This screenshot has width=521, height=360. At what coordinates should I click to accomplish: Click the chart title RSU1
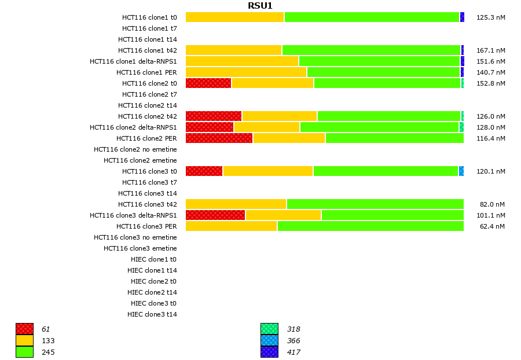260,6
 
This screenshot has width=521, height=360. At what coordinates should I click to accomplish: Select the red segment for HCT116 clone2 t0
208,83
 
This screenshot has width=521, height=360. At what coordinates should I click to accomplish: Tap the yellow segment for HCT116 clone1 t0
234,17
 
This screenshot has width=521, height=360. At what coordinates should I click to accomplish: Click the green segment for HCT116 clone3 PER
370,226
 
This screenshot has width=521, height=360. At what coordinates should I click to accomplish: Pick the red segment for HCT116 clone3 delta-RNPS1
215,215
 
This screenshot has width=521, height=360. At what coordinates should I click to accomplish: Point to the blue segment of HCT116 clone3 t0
461,171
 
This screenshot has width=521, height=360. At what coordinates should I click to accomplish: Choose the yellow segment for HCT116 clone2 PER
289,138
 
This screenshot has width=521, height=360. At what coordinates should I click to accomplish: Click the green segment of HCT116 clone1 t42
371,50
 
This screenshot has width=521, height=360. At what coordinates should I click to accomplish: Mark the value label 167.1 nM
491,50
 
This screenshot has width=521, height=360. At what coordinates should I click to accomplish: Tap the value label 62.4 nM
493,226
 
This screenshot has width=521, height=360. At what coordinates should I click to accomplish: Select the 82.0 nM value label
493,204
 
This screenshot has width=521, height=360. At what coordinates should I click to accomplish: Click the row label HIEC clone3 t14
152,314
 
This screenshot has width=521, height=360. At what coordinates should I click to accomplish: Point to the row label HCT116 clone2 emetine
140,160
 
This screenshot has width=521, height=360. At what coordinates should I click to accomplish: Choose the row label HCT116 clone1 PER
146,72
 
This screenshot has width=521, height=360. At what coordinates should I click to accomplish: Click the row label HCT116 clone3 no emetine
135,237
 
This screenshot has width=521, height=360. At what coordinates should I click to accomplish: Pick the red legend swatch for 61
24,329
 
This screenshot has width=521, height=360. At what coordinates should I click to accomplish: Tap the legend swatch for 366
269,340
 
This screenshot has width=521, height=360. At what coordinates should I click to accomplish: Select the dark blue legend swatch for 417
269,351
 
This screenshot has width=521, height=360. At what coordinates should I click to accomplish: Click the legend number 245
48,352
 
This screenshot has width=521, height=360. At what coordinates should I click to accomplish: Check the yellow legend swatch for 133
24,340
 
